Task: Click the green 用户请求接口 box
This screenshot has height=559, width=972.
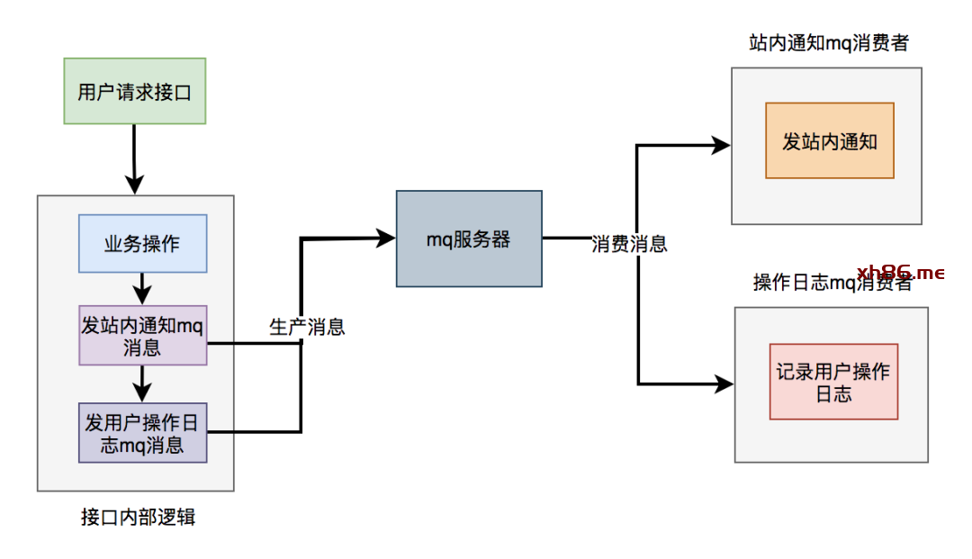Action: coord(135,91)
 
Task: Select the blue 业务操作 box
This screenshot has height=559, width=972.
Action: coord(142,243)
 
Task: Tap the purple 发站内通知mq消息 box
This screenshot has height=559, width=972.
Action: coord(142,335)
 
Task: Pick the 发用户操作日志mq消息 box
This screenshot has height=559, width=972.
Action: coord(142,432)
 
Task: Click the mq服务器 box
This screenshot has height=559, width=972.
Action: coord(469,239)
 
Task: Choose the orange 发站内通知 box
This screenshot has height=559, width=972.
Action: coord(829,140)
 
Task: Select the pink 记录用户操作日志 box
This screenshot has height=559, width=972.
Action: coord(833,382)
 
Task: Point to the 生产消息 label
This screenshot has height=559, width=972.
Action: coord(307,327)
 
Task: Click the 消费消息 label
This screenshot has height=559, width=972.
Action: coord(629,244)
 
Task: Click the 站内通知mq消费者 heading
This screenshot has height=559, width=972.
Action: coord(828,42)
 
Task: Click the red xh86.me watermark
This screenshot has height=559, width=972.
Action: coord(900,272)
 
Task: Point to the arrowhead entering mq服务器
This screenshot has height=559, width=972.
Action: coord(386,238)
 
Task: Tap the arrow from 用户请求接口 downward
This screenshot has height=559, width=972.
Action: coord(134,158)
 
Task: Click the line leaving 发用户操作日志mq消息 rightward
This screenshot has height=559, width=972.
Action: coord(256,432)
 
